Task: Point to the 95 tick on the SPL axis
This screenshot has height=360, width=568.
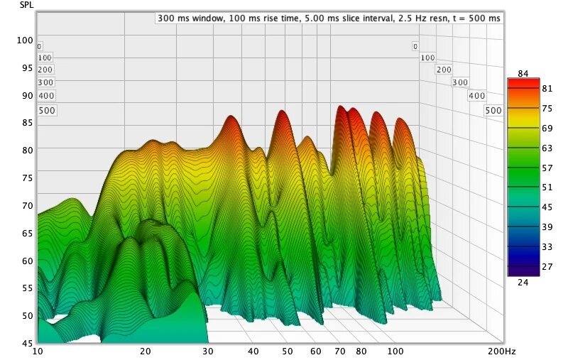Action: click(26, 68)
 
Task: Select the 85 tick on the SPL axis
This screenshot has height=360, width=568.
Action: click(26, 123)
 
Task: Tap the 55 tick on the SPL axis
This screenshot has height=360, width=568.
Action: click(26, 288)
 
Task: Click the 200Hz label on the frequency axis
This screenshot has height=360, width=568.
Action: click(501, 351)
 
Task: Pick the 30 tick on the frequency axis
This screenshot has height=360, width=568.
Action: click(207, 351)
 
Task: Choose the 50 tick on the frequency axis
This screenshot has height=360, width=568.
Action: click(286, 351)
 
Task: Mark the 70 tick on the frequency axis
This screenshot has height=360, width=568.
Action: click(339, 351)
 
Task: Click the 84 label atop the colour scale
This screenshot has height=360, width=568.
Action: click(524, 74)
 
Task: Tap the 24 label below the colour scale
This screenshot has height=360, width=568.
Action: click(524, 282)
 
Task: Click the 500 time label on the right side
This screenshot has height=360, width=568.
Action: click(493, 111)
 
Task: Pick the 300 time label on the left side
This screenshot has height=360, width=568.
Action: click(45, 82)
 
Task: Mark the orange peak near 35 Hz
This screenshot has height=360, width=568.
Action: click(231, 118)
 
